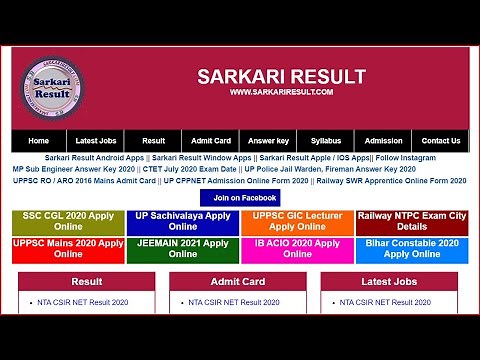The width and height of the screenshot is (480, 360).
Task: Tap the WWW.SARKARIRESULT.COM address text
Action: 280,92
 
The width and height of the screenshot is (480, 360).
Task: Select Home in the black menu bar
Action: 39,141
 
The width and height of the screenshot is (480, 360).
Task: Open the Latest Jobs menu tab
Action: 96,141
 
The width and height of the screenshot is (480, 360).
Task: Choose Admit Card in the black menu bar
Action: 211,141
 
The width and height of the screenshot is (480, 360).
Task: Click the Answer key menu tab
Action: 268,141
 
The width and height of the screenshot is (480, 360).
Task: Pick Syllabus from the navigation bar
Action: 325,141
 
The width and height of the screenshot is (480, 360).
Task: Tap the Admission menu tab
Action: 383,141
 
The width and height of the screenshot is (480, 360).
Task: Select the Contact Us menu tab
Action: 441,141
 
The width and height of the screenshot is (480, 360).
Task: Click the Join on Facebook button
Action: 238,198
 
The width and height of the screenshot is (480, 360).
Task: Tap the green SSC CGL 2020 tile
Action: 68,222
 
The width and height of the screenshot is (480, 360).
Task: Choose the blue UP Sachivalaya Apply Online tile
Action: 183,222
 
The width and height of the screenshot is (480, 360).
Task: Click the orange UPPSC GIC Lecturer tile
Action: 297,222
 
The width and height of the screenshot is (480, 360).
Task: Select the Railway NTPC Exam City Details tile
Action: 412,222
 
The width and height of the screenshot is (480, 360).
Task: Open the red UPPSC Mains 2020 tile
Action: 68,249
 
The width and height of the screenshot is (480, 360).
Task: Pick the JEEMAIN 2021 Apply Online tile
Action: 183,249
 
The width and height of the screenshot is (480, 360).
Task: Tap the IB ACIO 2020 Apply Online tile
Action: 297,249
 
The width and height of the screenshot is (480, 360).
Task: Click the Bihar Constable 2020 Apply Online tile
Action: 412,249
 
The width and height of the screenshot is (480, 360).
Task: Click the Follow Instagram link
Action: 406,158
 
